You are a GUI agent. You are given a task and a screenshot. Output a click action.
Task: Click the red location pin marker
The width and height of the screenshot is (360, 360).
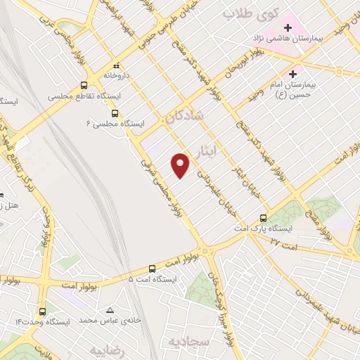click(181, 165)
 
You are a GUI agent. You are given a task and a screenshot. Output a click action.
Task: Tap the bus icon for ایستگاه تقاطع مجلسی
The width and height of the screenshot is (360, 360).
click(84, 86)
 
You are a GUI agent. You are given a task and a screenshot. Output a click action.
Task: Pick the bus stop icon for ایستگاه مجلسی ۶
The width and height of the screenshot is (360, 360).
click(115, 112)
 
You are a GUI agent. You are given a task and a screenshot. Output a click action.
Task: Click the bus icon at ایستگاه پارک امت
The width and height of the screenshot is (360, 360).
click(263, 217)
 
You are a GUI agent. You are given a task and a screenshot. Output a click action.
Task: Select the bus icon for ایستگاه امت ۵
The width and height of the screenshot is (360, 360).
click(152, 269)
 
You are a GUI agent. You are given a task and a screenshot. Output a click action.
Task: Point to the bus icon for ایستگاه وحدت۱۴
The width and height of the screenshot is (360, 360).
click(43, 311)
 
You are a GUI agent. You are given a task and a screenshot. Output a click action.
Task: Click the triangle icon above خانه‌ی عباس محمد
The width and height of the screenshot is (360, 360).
click(109, 310)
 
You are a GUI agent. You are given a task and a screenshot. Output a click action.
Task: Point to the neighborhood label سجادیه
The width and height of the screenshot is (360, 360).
click(189, 341)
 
